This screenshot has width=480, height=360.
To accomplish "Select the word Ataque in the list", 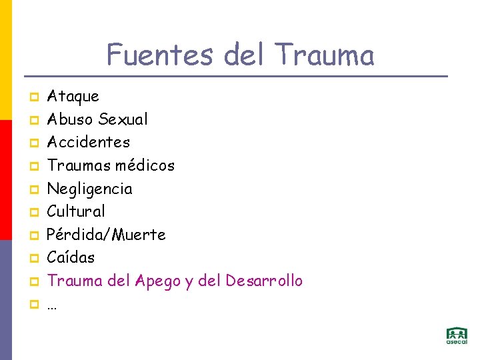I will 73,97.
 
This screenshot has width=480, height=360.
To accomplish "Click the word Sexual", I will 123,119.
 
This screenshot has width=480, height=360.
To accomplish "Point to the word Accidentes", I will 88,142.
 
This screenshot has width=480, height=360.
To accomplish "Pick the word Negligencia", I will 89,189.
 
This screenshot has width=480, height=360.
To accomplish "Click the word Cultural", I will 75,211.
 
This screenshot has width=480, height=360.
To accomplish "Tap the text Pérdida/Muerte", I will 106,235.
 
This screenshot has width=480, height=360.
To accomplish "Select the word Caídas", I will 71,257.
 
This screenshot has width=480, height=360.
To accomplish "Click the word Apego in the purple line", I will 155,281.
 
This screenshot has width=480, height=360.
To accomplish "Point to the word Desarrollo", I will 264,281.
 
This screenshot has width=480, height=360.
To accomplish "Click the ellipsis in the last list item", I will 51,305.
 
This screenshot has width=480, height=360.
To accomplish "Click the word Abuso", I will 70,119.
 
